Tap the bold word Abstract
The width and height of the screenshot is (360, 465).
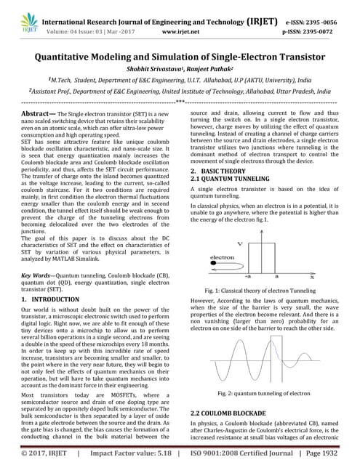click(36, 115)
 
